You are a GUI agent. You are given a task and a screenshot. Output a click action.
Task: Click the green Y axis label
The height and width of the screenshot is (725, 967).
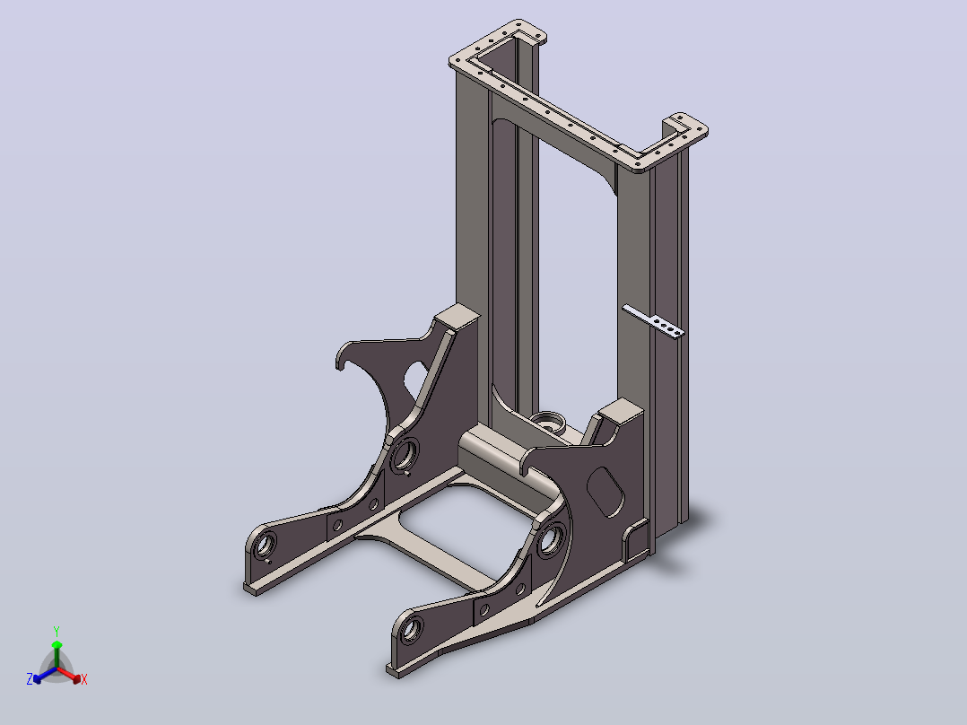[x=57, y=631]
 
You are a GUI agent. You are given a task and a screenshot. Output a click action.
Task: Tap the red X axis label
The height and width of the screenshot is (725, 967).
[x=84, y=679]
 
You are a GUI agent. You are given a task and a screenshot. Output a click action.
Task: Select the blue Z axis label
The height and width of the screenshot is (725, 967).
[x=30, y=679]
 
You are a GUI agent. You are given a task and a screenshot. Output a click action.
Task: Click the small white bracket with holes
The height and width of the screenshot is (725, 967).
[x=653, y=321]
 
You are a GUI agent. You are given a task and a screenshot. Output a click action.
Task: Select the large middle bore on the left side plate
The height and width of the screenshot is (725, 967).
[x=404, y=454]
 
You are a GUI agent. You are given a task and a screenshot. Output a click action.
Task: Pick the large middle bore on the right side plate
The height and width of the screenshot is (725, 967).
[x=551, y=539]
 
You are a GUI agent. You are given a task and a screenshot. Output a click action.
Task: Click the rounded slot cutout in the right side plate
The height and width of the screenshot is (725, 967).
[x=605, y=492]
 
